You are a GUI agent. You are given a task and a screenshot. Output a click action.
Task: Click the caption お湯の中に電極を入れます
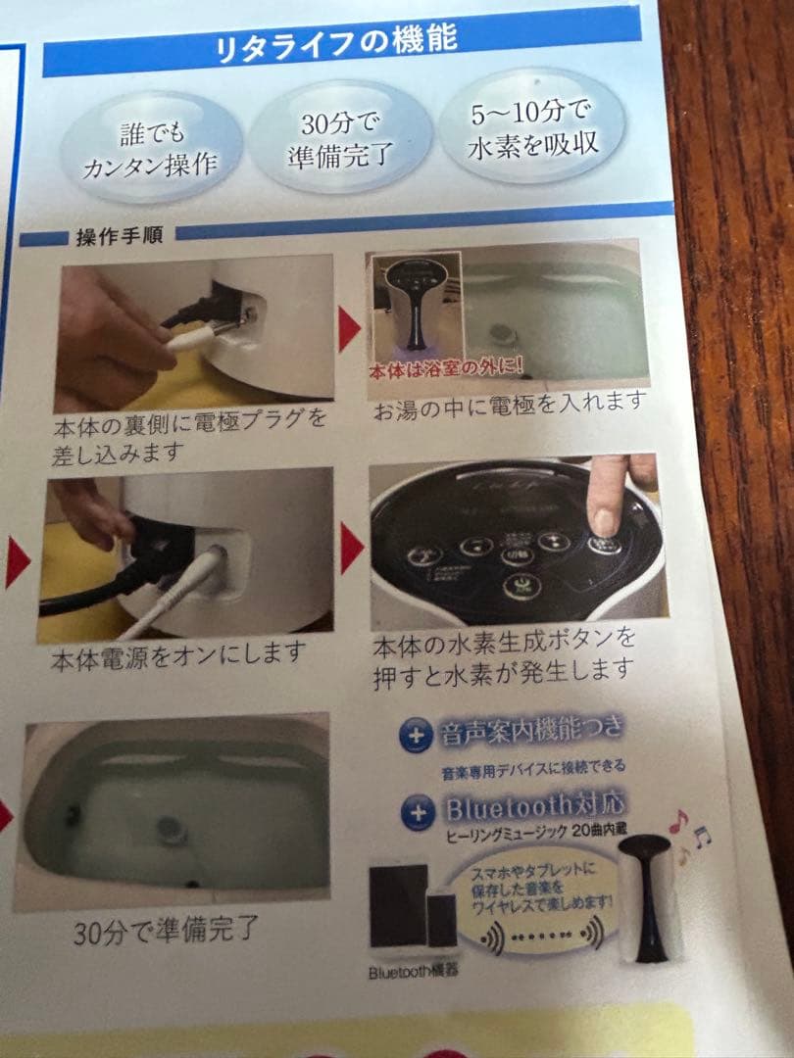tap(510, 403)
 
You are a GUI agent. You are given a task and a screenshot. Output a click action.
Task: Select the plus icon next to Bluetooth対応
tap(417, 811)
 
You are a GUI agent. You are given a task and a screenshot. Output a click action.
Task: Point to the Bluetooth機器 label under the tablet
tap(413, 972)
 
